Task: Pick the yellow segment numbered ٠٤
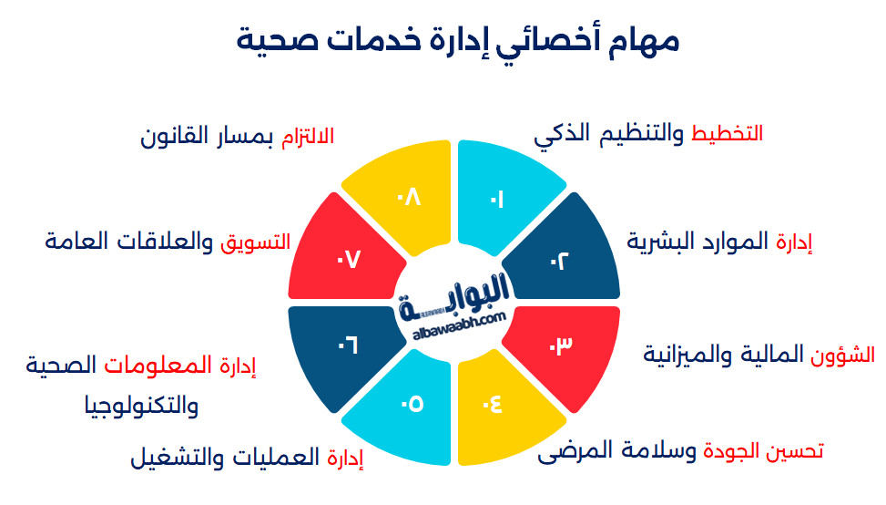click(497, 406)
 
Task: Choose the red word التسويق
click(255, 242)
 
